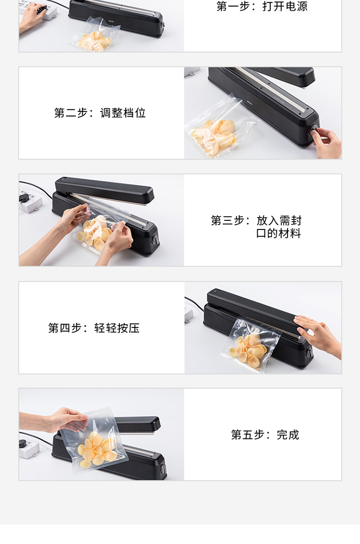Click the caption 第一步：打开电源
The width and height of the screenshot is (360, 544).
point(262,6)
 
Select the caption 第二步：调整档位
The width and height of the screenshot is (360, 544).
point(100,113)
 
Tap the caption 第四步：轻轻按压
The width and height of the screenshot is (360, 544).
point(94,328)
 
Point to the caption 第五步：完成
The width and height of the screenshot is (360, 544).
point(265,435)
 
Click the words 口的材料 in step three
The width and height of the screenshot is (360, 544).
point(278,233)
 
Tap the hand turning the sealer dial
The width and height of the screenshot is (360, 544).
point(327,142)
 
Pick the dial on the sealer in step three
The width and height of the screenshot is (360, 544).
point(156,240)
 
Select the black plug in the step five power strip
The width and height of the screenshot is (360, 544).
point(24,443)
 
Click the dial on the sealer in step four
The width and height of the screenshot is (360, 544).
point(309,353)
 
